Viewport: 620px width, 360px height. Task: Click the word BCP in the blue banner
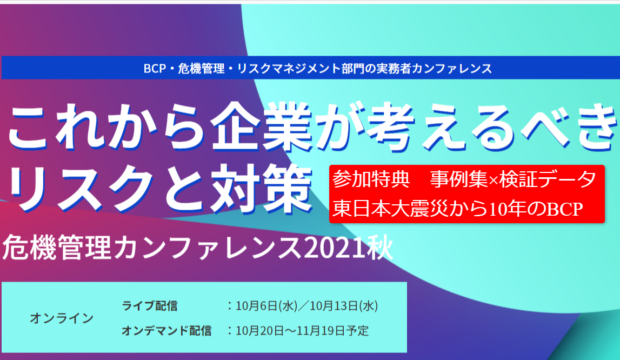click(155, 69)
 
